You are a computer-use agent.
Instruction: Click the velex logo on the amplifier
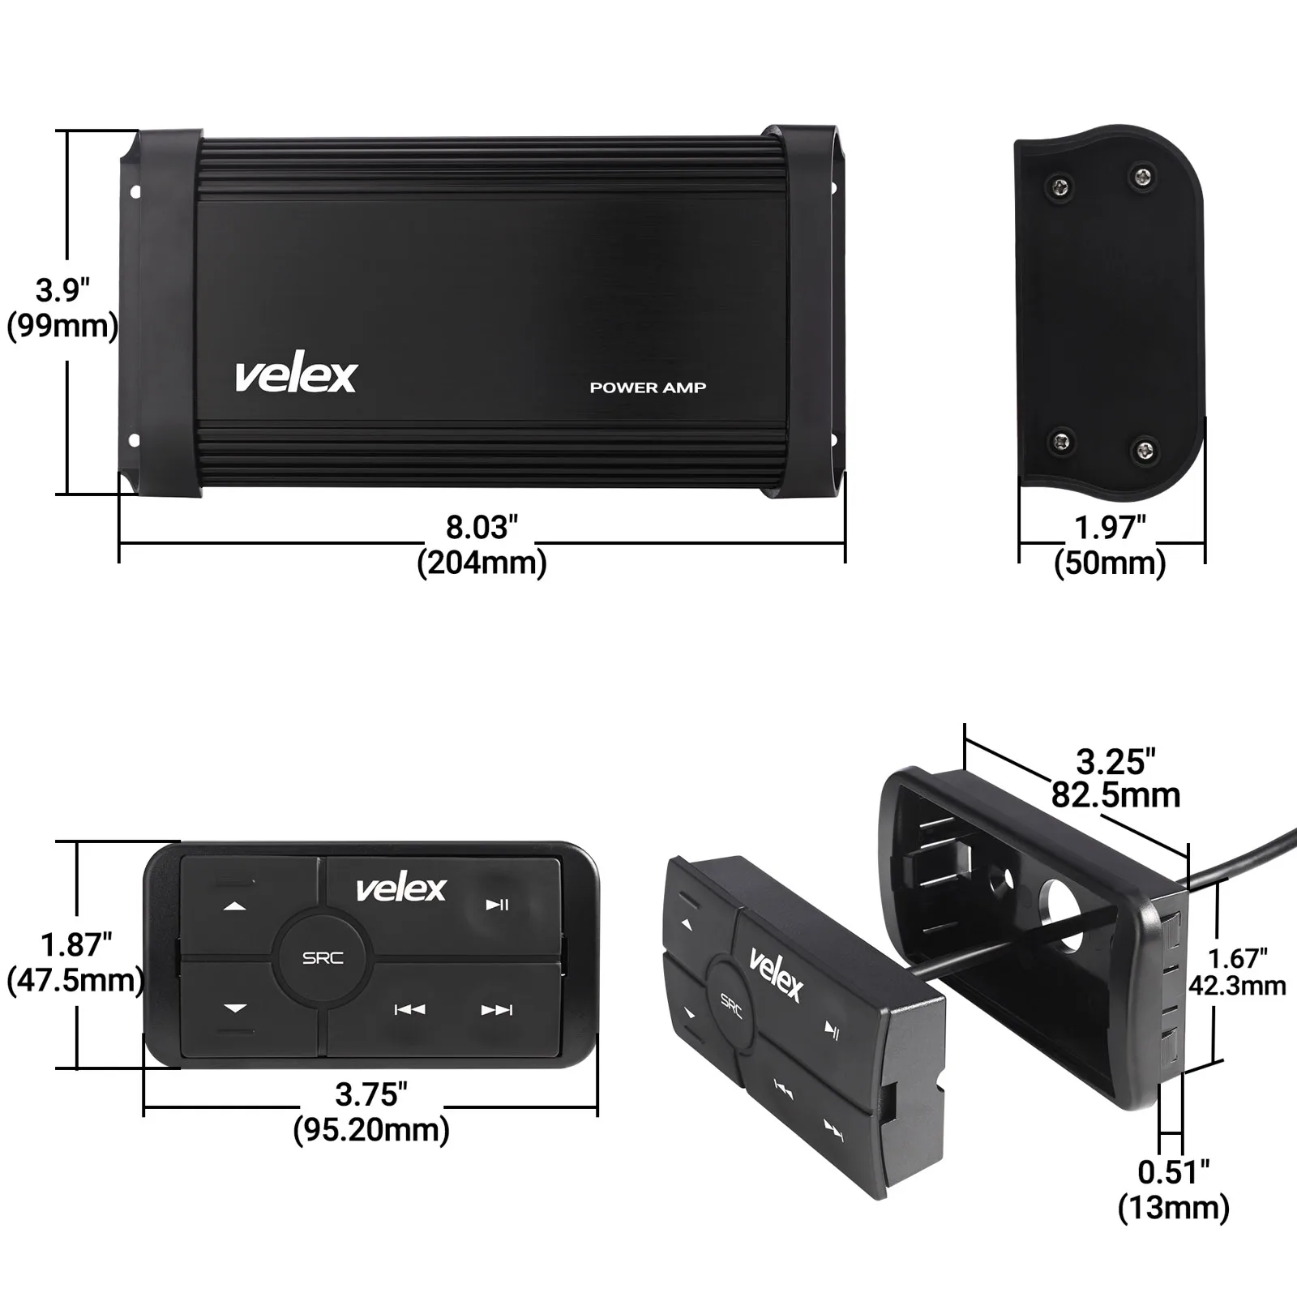(x=296, y=375)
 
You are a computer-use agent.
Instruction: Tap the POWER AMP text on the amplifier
(x=648, y=387)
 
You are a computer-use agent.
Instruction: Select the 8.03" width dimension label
(x=482, y=527)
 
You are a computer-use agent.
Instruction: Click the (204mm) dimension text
(x=482, y=562)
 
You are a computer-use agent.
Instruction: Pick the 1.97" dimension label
(x=1110, y=527)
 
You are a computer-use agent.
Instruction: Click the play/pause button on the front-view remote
(x=497, y=905)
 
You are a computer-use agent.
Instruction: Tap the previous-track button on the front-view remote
(x=409, y=1009)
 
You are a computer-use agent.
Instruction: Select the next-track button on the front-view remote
(x=497, y=1009)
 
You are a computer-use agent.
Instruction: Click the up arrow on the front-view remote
(x=235, y=906)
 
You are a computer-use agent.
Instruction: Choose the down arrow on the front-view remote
(x=235, y=1008)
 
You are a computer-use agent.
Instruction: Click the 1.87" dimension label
(x=76, y=944)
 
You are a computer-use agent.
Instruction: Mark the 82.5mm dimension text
(x=1115, y=795)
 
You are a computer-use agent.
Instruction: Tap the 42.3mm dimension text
(x=1237, y=986)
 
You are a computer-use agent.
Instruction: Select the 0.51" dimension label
(x=1173, y=1171)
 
